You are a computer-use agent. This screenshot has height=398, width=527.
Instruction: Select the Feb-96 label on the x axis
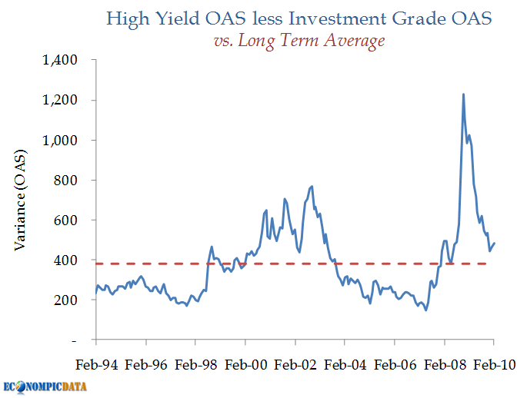pyautogui.click(x=145, y=365)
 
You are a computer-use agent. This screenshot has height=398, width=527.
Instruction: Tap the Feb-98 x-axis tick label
pyautogui.click(x=195, y=365)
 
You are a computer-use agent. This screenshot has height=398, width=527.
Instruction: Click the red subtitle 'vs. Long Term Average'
pyautogui.click(x=299, y=41)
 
